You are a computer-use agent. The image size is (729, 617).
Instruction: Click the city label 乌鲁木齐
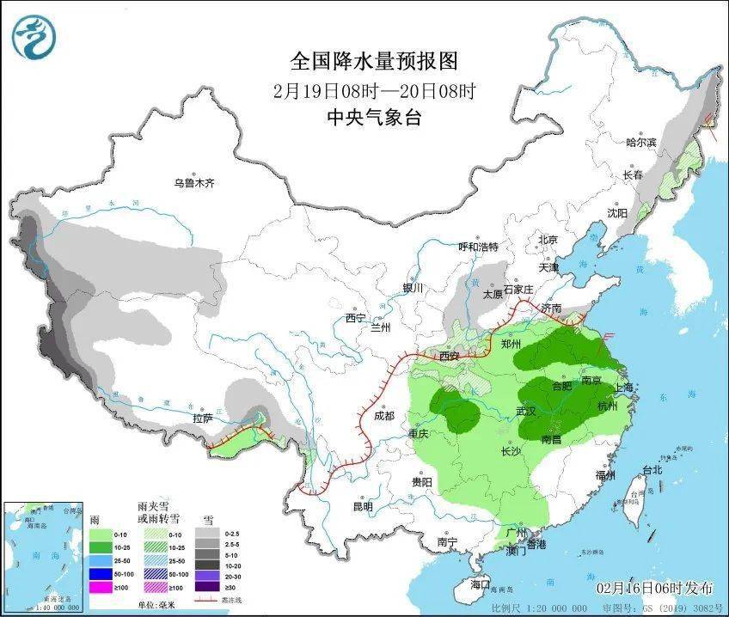coord(193,183)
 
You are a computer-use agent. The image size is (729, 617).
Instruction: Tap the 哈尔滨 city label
coord(640,142)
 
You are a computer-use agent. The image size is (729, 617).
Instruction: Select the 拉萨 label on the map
coord(203,418)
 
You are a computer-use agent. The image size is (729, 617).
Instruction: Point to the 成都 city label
coord(383,416)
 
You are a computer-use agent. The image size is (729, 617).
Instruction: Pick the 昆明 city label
coord(362,506)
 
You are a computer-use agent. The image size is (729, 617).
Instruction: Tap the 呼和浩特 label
coord(479,247)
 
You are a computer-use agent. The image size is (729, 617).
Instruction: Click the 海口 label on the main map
coord(480,584)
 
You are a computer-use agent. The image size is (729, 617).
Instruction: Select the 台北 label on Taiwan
coord(652,470)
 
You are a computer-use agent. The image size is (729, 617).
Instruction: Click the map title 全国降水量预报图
coord(373,61)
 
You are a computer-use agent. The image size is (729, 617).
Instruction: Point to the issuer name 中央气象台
coord(373,119)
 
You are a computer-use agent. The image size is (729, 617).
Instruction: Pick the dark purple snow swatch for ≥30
coord(206,587)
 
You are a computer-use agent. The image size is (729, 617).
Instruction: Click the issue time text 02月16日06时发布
coord(655,588)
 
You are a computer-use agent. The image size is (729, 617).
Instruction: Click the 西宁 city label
coord(357,318)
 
